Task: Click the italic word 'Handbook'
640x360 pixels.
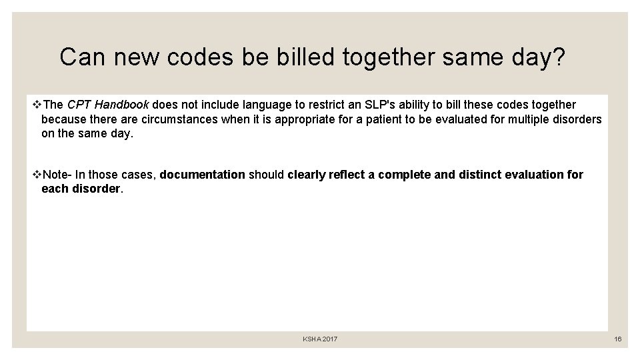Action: [125, 105]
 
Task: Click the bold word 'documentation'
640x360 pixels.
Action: [203, 175]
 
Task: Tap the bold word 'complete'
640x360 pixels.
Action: [403, 175]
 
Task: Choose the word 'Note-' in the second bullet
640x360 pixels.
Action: [57, 175]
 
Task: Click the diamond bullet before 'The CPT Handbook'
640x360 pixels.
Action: [37, 105]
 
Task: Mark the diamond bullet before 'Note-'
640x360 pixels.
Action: [37, 175]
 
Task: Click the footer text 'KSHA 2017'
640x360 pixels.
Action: [320, 339]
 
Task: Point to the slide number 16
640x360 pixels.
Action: [618, 339]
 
